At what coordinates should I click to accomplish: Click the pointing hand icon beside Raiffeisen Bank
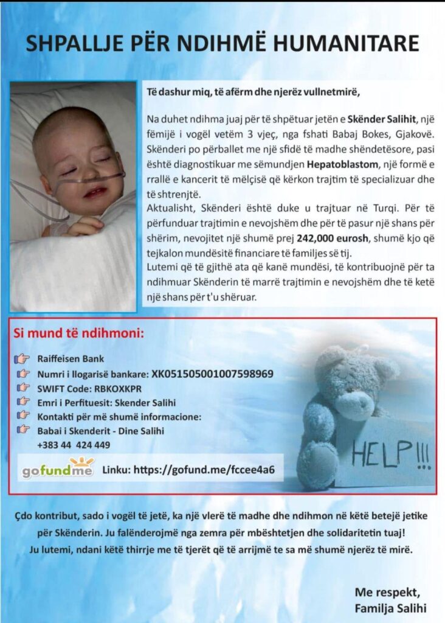23,359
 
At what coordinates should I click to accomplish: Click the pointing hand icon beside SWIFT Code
23,387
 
